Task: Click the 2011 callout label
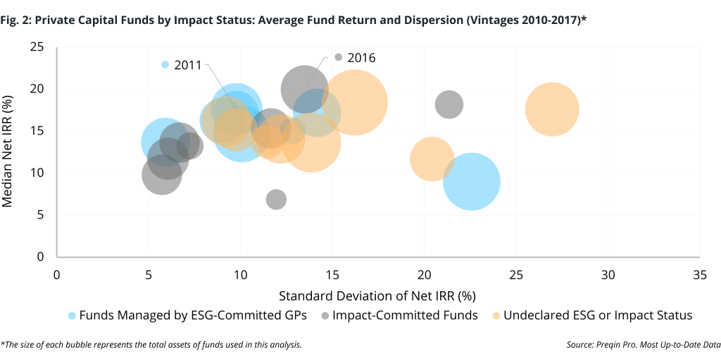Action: pyautogui.click(x=188, y=65)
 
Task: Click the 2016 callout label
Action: pyautogui.click(x=361, y=57)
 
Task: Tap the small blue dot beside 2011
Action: pyautogui.click(x=165, y=64)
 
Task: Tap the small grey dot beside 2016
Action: pyautogui.click(x=339, y=57)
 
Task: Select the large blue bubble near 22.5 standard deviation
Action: pyautogui.click(x=472, y=181)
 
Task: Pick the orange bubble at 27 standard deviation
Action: pyautogui.click(x=552, y=109)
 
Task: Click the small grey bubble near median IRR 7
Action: pyautogui.click(x=276, y=200)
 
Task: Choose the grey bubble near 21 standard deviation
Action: pyautogui.click(x=449, y=105)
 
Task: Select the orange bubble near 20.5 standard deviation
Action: pyautogui.click(x=432, y=159)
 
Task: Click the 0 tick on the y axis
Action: pyautogui.click(x=41, y=257)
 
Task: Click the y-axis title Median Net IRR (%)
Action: pyautogui.click(x=8, y=152)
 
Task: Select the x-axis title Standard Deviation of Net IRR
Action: pyautogui.click(x=377, y=294)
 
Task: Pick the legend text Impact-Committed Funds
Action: pyautogui.click(x=405, y=315)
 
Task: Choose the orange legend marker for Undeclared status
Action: pyautogui.click(x=496, y=315)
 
